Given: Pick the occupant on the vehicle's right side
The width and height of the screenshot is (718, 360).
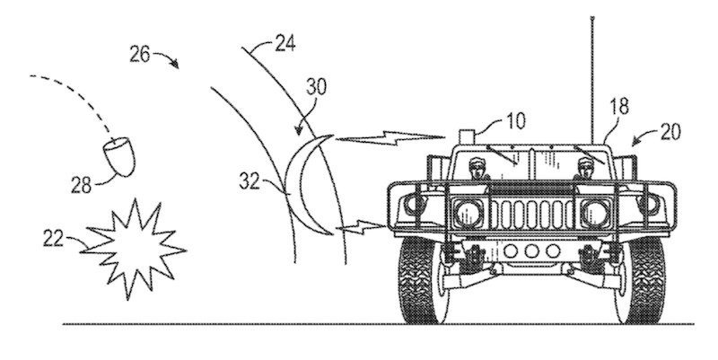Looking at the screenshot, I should coord(587,169).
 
